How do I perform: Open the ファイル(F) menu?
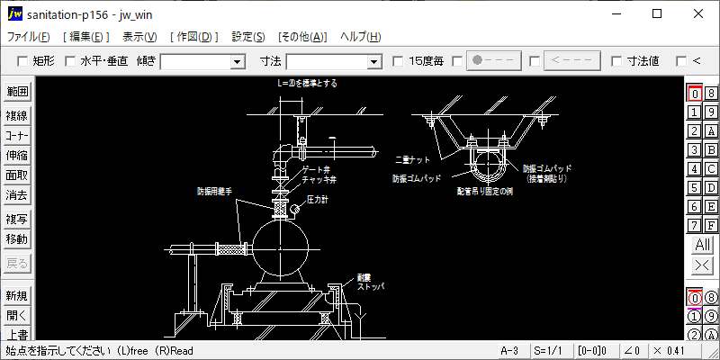coord(29,37)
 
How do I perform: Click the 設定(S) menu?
coord(247,37)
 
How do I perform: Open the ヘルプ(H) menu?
coord(360,37)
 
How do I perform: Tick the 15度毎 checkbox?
coord(399,61)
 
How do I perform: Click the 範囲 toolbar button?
coord(17,92)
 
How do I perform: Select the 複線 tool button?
coord(17,115)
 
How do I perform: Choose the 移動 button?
coord(17,239)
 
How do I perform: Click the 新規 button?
coord(17,296)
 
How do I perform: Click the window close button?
coord(698,13)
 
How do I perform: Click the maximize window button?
coord(657,13)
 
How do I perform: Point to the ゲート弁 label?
coord(319,169)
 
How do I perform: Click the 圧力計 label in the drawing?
coord(317,198)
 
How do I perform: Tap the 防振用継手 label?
coord(217,191)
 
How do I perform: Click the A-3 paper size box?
coord(509,350)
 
